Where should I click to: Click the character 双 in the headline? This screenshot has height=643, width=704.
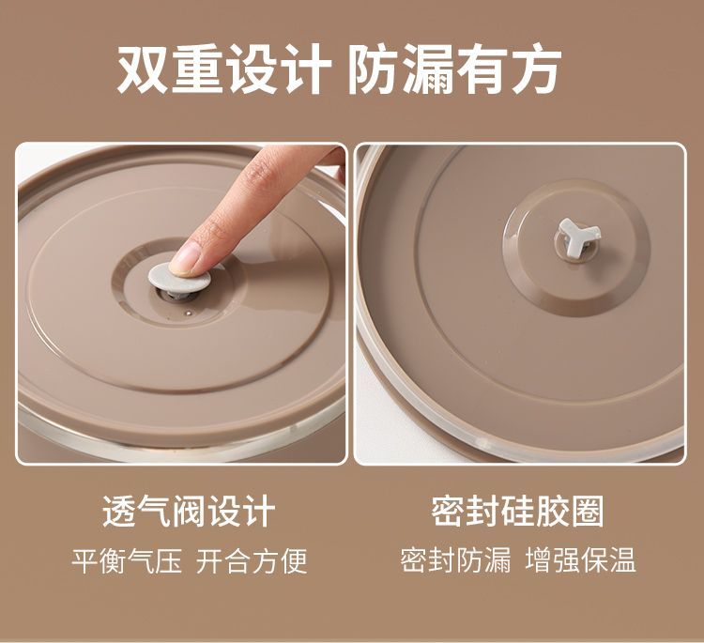pyautogui.click(x=143, y=69)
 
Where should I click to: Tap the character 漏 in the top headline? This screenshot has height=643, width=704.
pyautogui.click(x=427, y=69)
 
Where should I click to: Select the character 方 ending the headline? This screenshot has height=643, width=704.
pyautogui.click(x=535, y=69)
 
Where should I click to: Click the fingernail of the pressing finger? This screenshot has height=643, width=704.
pyautogui.click(x=185, y=258)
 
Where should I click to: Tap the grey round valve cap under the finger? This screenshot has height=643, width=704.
pyautogui.click(x=179, y=277)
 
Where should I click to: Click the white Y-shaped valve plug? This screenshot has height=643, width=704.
pyautogui.click(x=577, y=236)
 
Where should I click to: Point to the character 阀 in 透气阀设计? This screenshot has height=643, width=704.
pyautogui.click(x=189, y=511)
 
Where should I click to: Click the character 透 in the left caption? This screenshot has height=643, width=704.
pyautogui.click(x=120, y=511)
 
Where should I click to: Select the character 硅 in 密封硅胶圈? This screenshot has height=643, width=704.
pyautogui.click(x=517, y=511)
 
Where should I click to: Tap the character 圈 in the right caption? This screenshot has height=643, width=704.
pyautogui.click(x=587, y=511)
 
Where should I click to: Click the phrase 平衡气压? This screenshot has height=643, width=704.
pyautogui.click(x=127, y=560)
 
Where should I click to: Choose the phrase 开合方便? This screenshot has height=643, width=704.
pyautogui.click(x=252, y=560)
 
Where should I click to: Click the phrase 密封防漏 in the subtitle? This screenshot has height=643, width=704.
pyautogui.click(x=455, y=559)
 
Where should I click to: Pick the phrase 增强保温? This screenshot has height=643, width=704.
pyautogui.click(x=580, y=559)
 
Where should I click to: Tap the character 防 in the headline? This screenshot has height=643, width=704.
pyautogui.click(x=374, y=69)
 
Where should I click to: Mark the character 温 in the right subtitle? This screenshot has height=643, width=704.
pyautogui.click(x=621, y=559)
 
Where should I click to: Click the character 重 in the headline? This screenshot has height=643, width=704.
pyautogui.click(x=197, y=69)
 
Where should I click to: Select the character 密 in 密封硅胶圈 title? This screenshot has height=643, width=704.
pyautogui.click(x=448, y=511)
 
